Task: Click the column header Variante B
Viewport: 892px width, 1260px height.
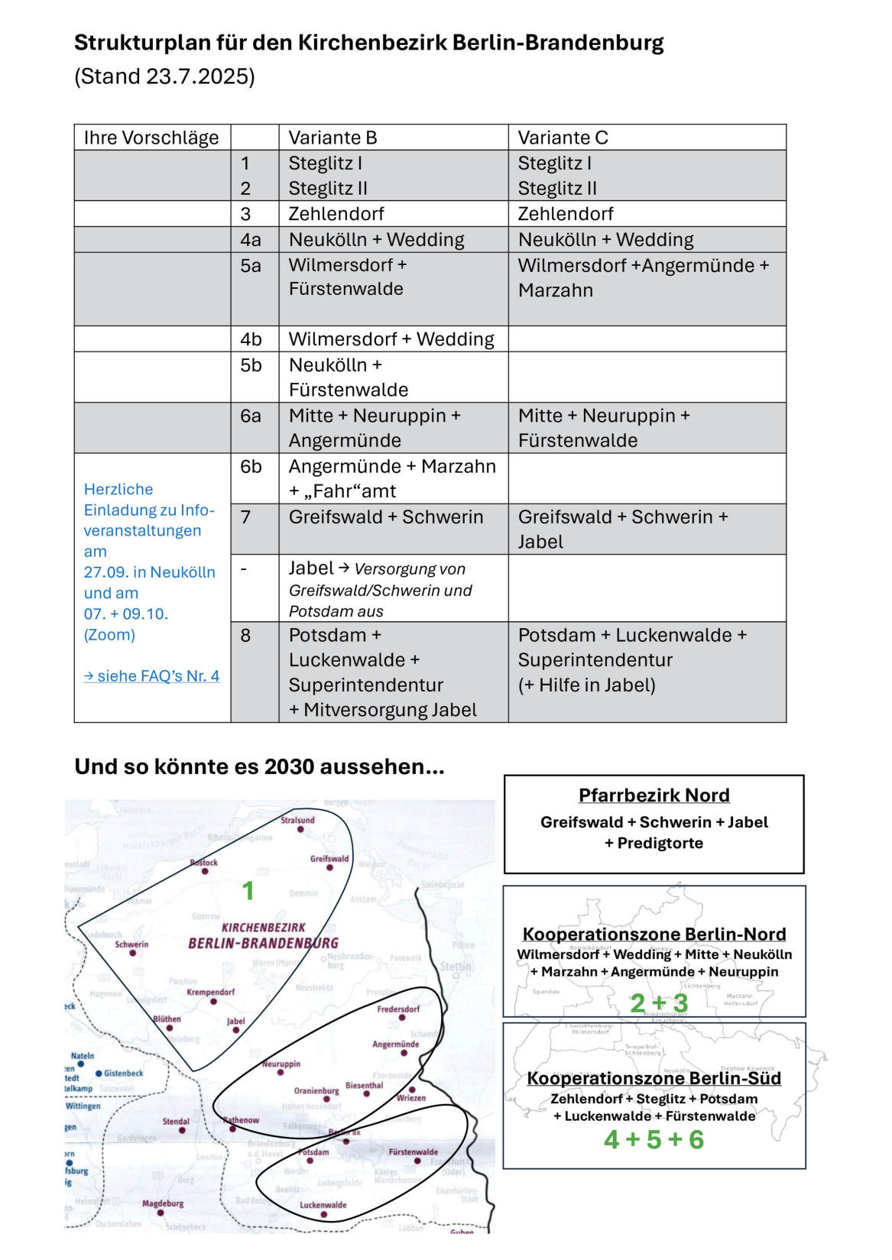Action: [332, 138]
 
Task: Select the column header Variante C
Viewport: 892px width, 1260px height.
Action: [563, 138]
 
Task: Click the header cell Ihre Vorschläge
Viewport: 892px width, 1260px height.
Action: [151, 138]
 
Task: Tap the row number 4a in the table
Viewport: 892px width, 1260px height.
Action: [251, 240]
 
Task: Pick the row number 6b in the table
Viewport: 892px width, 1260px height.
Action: [251, 467]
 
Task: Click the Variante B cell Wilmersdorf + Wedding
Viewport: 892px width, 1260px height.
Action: [391, 339]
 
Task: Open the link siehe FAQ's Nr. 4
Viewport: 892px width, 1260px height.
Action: [152, 676]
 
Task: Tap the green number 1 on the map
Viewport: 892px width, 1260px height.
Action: [248, 891]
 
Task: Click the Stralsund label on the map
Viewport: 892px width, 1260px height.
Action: [297, 821]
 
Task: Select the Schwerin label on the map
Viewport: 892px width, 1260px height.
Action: [131, 944]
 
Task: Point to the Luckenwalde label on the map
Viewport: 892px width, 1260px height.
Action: [323, 1205]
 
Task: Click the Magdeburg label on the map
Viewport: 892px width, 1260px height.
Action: [162, 1203]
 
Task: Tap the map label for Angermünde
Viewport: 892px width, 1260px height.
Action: [395, 1044]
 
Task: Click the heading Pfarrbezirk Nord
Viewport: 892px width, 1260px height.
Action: [654, 795]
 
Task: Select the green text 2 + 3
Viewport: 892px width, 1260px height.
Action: [658, 1003]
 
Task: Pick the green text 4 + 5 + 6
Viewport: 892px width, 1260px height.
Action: [654, 1140]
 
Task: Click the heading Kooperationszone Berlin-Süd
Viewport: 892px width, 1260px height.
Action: [654, 1078]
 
